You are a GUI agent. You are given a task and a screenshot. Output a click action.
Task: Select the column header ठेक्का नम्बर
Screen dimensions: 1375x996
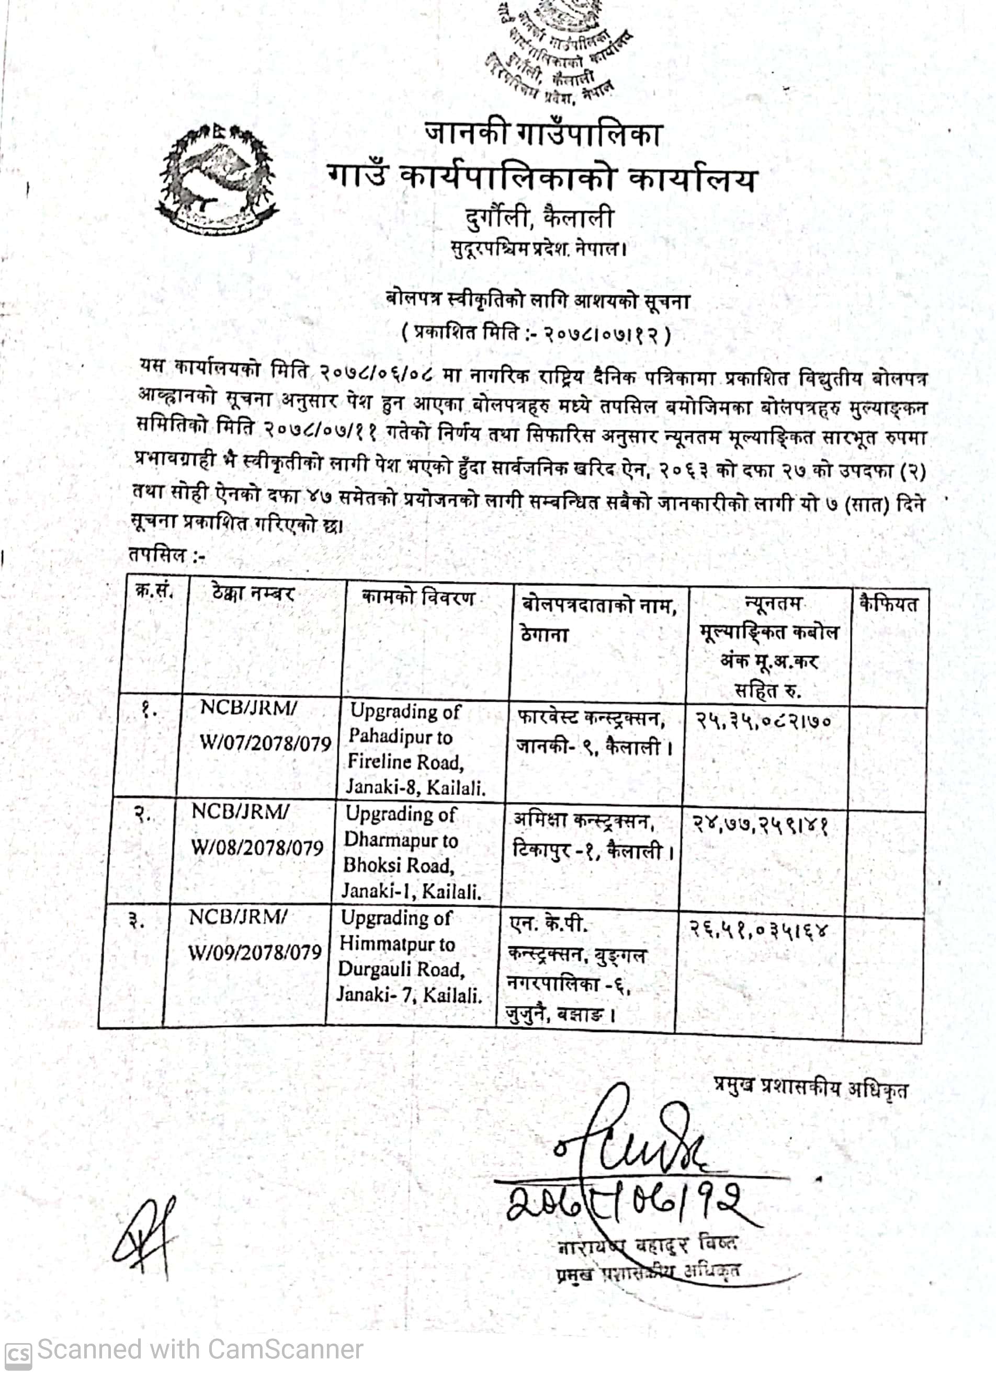253,593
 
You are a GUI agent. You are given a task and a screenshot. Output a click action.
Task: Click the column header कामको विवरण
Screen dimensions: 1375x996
418,599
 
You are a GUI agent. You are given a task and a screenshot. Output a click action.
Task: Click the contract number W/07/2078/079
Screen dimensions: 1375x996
265,743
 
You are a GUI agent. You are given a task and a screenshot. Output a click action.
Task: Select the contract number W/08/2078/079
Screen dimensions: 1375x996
257,847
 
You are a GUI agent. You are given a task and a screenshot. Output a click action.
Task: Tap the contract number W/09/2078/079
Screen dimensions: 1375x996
255,953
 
